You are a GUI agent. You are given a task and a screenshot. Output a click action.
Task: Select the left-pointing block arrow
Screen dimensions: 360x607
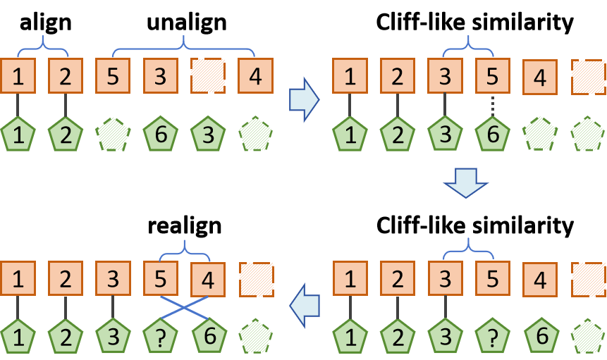point(305,305)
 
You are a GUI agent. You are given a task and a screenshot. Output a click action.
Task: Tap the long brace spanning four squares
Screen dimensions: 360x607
point(183,46)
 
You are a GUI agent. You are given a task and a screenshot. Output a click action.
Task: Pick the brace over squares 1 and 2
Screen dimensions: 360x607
point(43,46)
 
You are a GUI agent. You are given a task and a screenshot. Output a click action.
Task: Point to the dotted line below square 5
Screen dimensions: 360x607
point(492,105)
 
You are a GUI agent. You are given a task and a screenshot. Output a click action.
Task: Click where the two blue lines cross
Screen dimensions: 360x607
point(184,307)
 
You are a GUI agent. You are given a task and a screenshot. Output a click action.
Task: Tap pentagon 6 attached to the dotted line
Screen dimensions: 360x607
point(492,133)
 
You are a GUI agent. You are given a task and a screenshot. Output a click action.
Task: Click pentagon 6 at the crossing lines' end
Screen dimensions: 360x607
point(208,336)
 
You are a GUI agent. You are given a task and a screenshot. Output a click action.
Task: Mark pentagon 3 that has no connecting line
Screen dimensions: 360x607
point(208,133)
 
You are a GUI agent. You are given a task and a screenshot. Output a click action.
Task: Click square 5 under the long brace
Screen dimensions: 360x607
point(113,76)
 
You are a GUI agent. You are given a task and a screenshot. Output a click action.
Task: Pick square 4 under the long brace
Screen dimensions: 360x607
point(255,76)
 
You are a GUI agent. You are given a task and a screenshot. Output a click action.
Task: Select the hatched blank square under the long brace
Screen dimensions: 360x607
point(208,76)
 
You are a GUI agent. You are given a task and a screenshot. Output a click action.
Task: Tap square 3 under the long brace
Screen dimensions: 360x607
point(161,76)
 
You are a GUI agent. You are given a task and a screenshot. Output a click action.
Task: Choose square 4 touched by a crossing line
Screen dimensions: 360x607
point(208,279)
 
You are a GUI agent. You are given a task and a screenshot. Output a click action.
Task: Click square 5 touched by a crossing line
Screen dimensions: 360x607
point(161,279)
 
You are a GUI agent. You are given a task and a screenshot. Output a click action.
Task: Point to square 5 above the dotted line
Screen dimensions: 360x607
point(492,76)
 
